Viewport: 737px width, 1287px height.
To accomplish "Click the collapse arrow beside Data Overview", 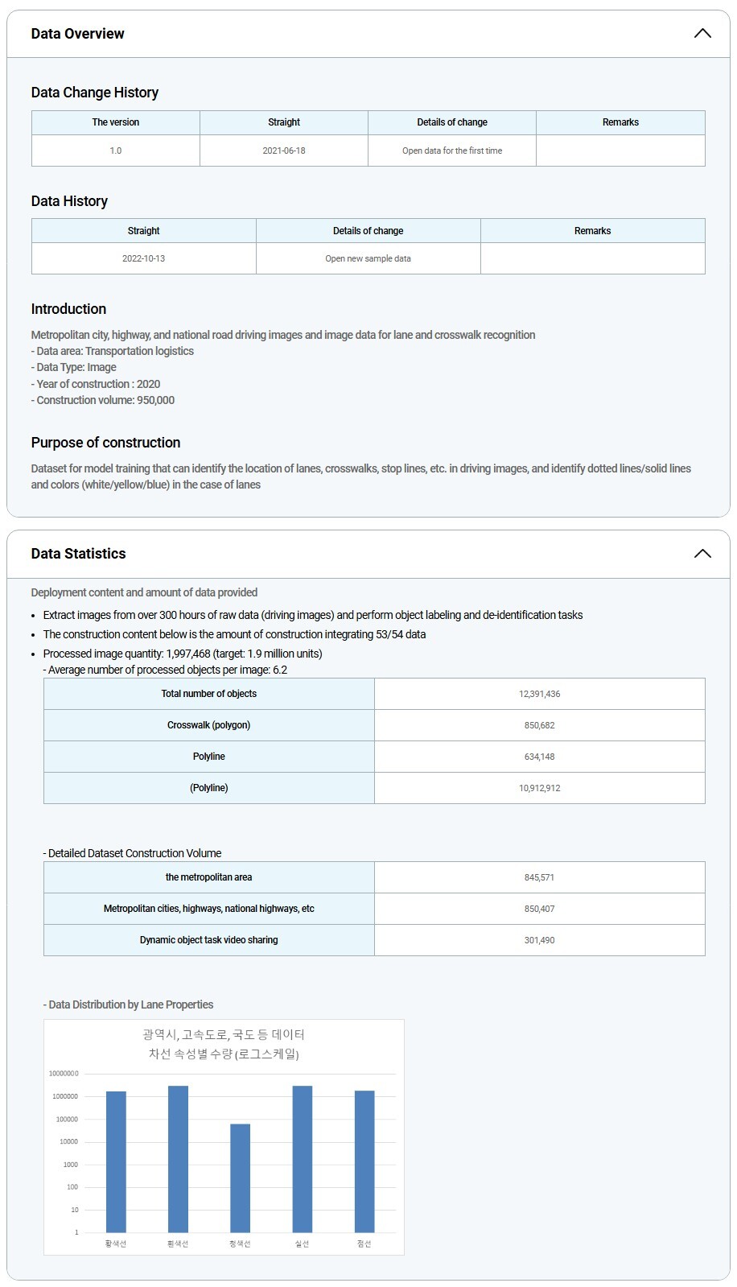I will [x=702, y=34].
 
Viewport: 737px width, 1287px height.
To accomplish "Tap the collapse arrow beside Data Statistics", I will [x=702, y=554].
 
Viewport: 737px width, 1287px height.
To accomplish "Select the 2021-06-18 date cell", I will [x=284, y=151].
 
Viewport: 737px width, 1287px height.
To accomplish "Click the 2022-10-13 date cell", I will [x=143, y=258].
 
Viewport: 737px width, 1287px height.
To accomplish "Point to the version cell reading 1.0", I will [x=116, y=151].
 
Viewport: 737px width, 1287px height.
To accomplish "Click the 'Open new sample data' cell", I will [x=368, y=258].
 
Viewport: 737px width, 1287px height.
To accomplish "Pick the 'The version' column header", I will [x=116, y=122].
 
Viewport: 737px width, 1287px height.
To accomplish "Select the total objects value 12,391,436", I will [x=539, y=694].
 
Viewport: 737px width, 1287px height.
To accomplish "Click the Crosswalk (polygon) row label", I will [x=208, y=725].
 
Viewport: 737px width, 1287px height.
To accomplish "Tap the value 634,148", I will [x=539, y=757].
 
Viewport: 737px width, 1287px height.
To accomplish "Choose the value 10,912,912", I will [x=539, y=788].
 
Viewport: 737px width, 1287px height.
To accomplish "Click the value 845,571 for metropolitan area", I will [x=539, y=877].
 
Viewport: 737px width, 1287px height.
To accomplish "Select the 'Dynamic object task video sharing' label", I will [x=208, y=940].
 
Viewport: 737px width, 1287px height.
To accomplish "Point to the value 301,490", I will [x=539, y=940].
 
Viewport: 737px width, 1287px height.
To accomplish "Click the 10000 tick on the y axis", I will [x=68, y=1142].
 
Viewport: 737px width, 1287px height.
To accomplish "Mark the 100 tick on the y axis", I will [x=72, y=1187].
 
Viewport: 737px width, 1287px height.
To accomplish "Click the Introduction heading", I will [x=68, y=309].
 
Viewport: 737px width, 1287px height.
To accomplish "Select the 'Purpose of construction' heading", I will [x=105, y=443].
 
